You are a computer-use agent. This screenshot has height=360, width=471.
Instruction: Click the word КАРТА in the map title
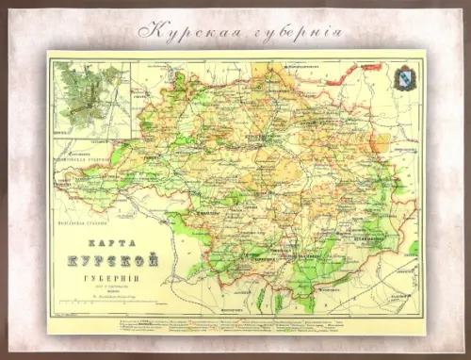[102, 238]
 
